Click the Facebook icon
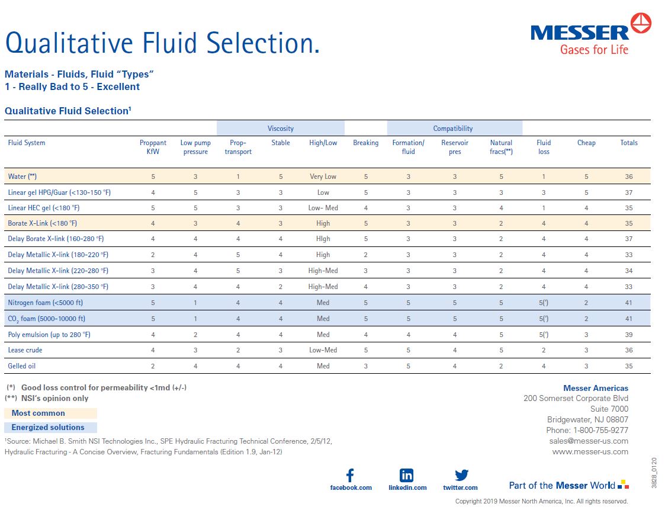[x=350, y=475]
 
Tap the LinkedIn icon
[x=407, y=475]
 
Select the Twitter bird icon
[x=461, y=475]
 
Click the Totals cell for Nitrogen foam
[x=628, y=303]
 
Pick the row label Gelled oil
[x=22, y=366]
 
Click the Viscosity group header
[x=280, y=129]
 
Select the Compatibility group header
[x=453, y=129]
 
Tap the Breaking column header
[x=365, y=143]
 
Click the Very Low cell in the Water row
[x=323, y=177]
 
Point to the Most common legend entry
[x=38, y=413]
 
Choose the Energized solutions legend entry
[x=48, y=428]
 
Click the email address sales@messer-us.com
[x=588, y=441]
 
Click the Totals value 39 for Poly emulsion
[x=628, y=335]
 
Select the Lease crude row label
[x=25, y=350]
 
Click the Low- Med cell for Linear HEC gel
[x=323, y=208]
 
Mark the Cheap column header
[x=586, y=143]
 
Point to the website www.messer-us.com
[x=590, y=451]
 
